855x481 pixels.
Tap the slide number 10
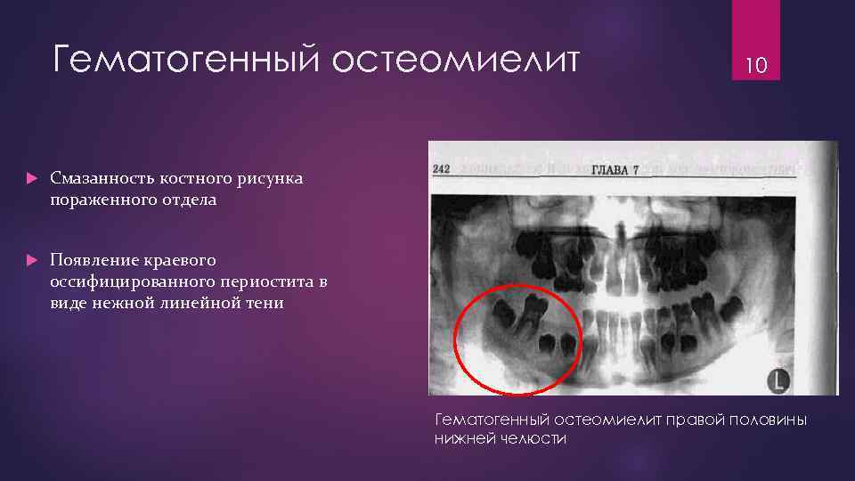756,65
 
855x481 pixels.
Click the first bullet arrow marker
31,179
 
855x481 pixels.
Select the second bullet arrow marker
31,261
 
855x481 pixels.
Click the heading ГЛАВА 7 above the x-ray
615,169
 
